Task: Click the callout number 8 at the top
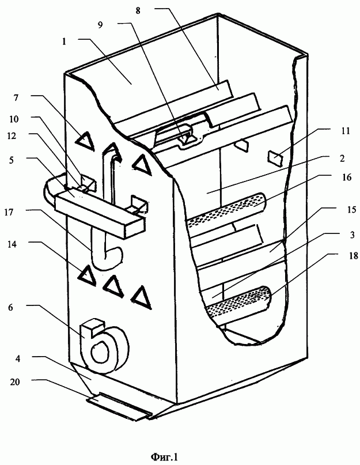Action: pos(138,11)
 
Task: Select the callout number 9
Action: pos(101,25)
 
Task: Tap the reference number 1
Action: pos(64,41)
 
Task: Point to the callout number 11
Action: pos(345,130)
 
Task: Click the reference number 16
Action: pos(346,177)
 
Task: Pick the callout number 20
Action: pos(15,381)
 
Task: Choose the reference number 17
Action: pos(9,212)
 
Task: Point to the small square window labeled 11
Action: pos(275,157)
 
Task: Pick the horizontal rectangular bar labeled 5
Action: pos(101,213)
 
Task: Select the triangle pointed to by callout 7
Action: pos(85,140)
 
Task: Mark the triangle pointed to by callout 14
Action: pos(86,275)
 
